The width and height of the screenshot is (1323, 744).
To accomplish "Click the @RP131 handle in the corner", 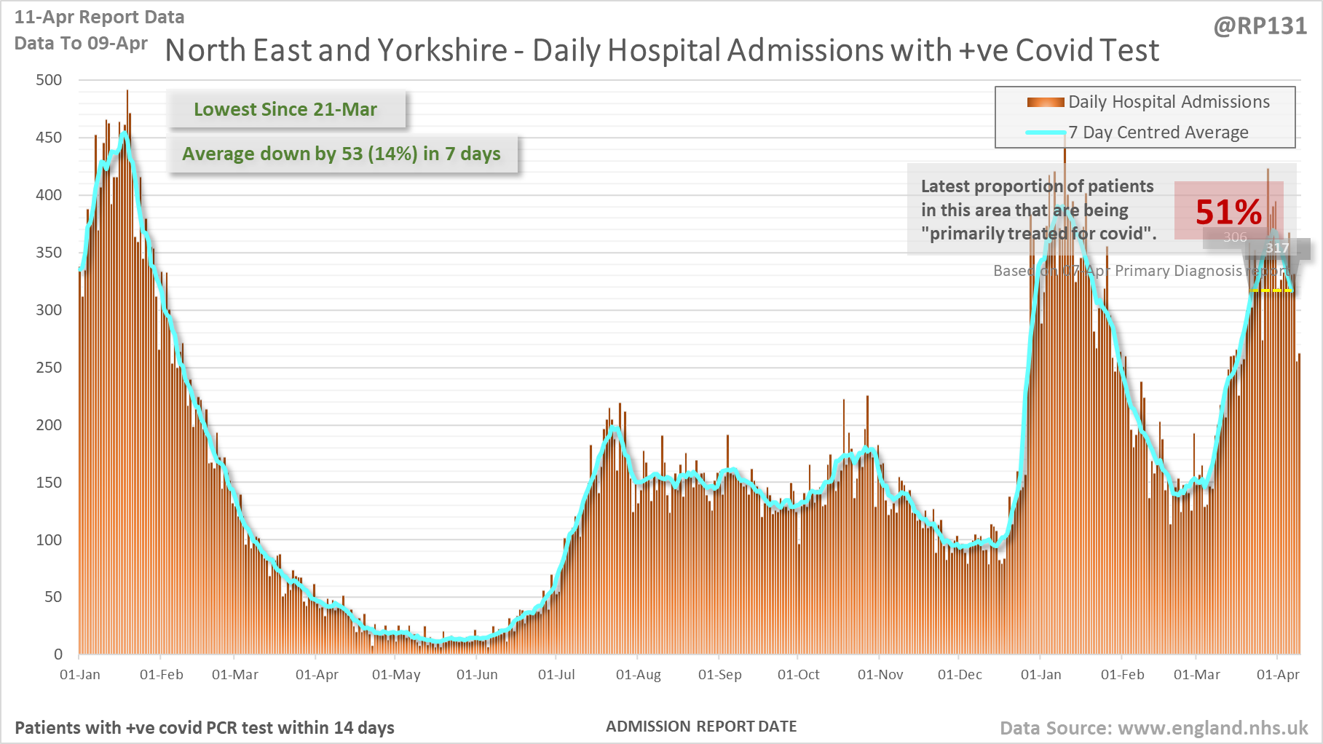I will click(1260, 26).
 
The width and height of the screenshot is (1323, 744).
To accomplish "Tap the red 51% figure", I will click(1228, 212).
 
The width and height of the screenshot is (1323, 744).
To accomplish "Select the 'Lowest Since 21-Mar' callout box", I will click(285, 109).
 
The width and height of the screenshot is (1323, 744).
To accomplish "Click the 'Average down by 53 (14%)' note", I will click(341, 154).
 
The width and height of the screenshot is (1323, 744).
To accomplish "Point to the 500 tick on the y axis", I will click(49, 80).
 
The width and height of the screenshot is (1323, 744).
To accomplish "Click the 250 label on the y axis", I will click(49, 368).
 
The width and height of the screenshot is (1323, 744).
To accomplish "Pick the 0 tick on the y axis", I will click(58, 654).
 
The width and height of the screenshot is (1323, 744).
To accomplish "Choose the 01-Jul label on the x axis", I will click(556, 675).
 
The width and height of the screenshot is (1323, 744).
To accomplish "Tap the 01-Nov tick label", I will click(880, 675).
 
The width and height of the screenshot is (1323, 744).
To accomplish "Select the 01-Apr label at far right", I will click(1278, 675).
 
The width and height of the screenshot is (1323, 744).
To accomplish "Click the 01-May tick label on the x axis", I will click(396, 675).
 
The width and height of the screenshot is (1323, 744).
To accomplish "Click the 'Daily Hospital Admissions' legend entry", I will click(1168, 102).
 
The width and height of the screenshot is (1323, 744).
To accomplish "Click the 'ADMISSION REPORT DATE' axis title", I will click(701, 727).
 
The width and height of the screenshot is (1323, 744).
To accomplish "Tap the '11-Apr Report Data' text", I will click(99, 17).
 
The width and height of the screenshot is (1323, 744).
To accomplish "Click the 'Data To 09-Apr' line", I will click(81, 43).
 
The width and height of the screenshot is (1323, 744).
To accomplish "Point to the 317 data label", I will click(1277, 248).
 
